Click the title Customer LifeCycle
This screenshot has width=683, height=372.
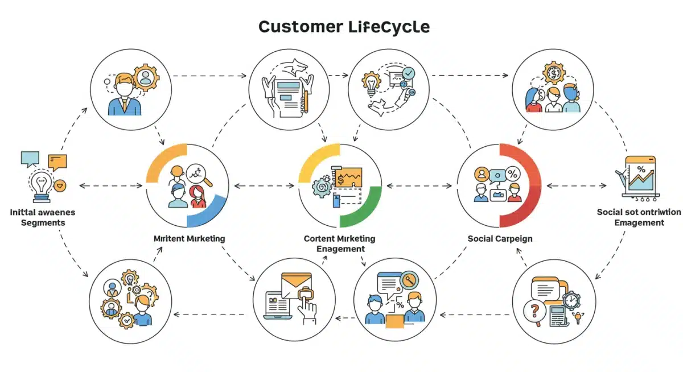343,26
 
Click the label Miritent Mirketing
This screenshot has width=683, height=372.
189,238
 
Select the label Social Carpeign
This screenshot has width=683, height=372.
500,238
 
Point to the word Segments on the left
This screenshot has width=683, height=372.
43,222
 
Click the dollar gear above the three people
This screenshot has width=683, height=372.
553,72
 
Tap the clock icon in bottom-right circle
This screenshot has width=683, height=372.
571,300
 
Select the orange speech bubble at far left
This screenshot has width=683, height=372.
57,161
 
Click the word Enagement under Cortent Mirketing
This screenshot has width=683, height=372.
340,249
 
